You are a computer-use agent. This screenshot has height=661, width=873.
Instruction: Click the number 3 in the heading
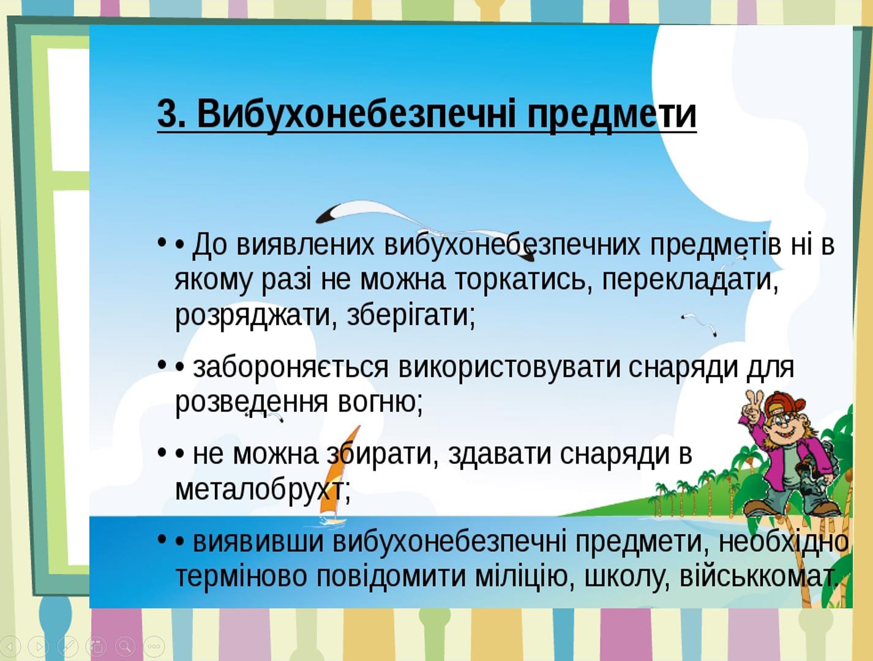(167, 114)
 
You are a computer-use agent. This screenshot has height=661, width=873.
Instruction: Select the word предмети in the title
(612, 116)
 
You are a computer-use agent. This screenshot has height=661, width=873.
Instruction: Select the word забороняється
(290, 368)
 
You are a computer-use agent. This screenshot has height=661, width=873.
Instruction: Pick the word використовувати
(509, 368)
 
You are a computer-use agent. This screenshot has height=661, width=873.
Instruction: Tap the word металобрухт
(263, 490)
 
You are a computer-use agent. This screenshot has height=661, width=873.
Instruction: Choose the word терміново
(241, 577)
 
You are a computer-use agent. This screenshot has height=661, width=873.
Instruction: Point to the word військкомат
(758, 577)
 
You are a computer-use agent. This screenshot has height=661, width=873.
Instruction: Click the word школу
(628, 577)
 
